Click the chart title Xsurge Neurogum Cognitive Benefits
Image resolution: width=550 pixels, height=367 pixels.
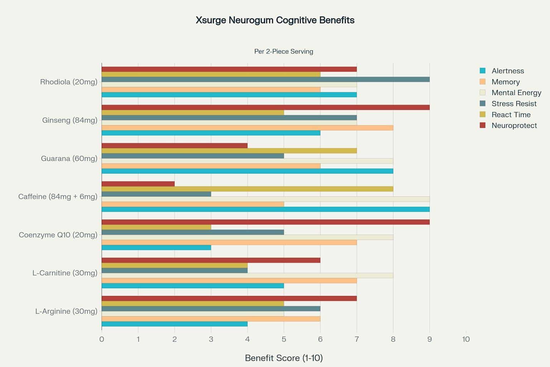275,20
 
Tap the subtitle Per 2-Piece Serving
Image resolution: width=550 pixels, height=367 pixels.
284,51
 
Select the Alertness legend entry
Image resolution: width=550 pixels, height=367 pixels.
507,71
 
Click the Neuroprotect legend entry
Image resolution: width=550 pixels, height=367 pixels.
514,125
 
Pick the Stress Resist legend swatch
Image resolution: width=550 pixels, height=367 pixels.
483,104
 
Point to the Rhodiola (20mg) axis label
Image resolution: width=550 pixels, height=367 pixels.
68,82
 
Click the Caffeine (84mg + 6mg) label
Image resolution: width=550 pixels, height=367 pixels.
58,196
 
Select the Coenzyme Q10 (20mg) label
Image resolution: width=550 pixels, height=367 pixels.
58,235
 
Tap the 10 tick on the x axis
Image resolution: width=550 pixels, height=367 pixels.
465,339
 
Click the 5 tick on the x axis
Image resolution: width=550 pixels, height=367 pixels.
284,339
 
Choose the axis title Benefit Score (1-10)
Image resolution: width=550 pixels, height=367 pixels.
284,358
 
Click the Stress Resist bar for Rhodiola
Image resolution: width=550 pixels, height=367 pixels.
265,79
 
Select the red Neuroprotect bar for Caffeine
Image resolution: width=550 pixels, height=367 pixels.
138,184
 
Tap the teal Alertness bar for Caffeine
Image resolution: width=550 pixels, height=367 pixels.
265,209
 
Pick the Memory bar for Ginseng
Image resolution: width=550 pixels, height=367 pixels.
247,128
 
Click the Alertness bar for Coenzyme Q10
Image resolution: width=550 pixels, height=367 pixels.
156,248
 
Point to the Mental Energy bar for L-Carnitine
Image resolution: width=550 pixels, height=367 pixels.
247,276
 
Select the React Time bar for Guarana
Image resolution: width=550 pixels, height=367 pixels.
229,151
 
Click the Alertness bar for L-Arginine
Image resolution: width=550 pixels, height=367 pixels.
174,324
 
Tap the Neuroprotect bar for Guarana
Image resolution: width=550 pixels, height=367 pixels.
174,146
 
